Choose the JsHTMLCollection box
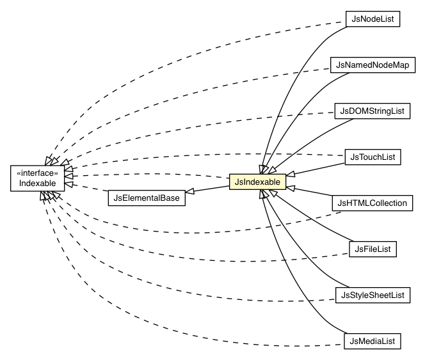(372, 203)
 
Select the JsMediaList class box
(372, 341)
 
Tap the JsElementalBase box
(145, 198)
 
